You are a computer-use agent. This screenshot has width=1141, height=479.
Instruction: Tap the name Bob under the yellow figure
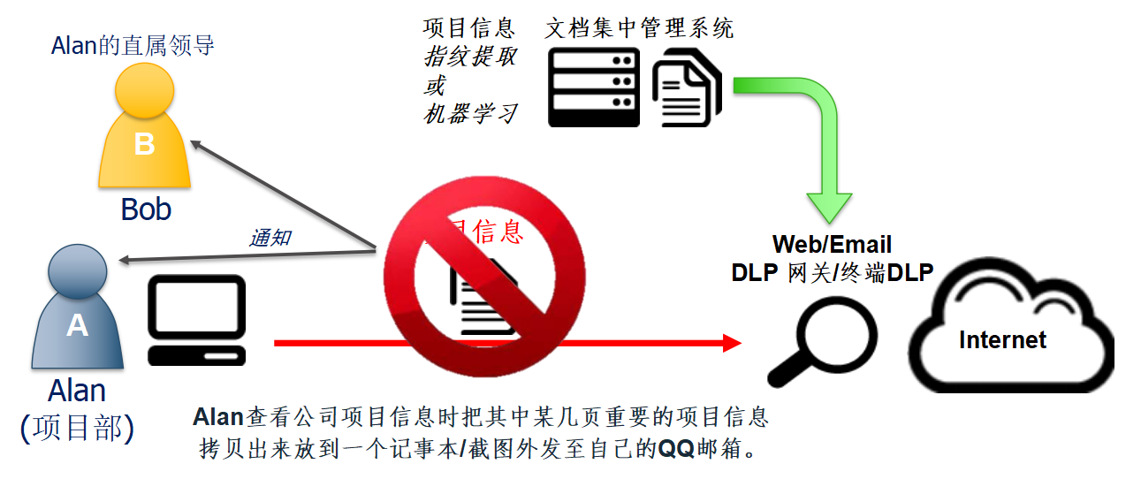(146, 209)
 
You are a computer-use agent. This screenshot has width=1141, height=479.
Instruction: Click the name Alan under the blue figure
(77, 391)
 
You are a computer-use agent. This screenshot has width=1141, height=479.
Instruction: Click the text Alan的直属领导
(133, 45)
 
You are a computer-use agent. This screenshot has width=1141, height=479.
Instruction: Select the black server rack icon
(593, 87)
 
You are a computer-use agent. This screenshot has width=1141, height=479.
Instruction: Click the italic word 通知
(270, 237)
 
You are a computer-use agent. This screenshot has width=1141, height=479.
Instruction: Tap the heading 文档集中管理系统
(639, 27)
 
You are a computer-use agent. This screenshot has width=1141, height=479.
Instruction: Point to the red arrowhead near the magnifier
(731, 343)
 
